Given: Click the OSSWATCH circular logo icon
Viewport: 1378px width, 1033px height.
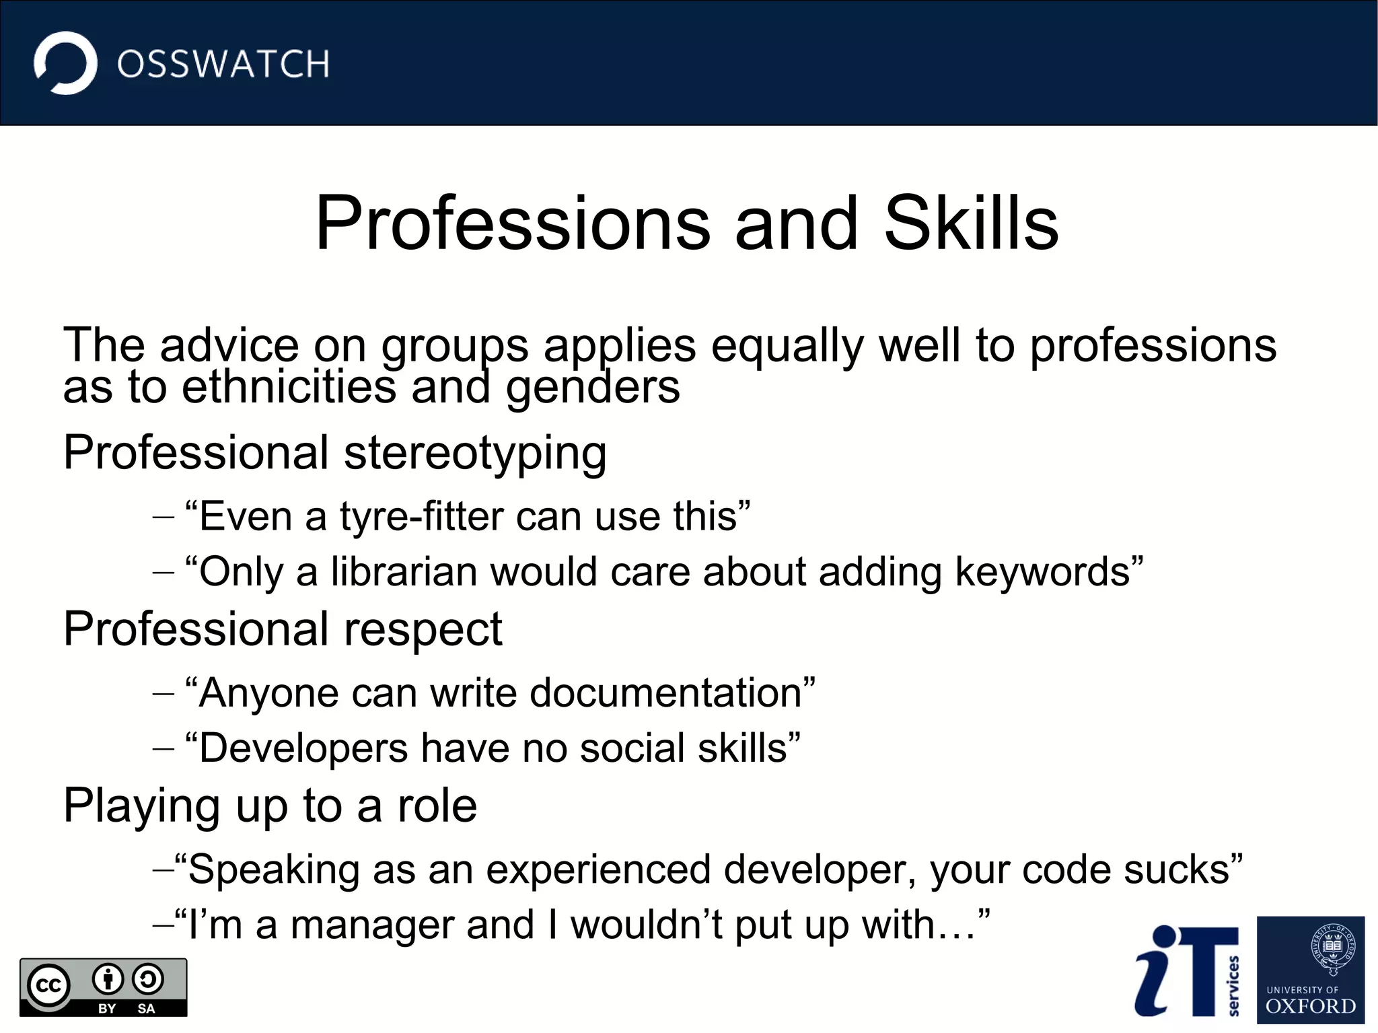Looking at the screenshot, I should click(x=65, y=63).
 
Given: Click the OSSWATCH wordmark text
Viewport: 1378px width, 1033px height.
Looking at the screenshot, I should click(x=223, y=65).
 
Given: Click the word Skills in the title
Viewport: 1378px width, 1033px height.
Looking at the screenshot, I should click(x=971, y=223).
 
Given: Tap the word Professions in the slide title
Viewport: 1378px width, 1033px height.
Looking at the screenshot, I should click(x=513, y=223).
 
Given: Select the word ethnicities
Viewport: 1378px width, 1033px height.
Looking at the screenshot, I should click(x=289, y=388).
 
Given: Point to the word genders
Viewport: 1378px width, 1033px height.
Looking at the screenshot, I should click(x=593, y=389).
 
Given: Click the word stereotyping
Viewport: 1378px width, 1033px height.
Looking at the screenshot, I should click(x=475, y=454).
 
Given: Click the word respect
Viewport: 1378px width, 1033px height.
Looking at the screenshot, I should click(x=423, y=630).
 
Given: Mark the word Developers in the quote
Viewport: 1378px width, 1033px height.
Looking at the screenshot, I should click(x=303, y=749).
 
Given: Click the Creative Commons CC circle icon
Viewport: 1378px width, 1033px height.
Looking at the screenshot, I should click(x=48, y=986).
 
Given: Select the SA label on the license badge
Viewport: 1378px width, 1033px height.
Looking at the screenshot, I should click(x=146, y=1008).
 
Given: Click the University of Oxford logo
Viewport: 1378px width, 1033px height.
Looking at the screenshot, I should click(x=1310, y=969).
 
